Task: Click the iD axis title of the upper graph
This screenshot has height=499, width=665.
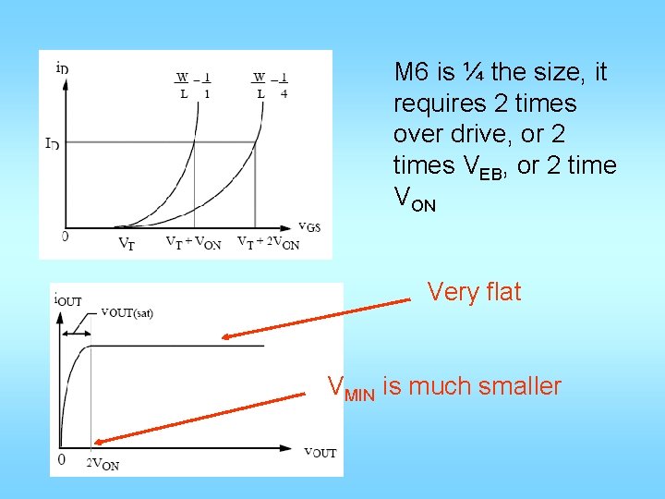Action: pos(61,67)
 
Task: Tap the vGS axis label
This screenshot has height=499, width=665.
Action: pos(309,226)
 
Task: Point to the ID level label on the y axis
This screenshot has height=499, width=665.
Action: pos(52,142)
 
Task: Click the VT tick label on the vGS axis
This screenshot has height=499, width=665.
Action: pos(126,244)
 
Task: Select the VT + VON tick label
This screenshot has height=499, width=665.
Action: pos(192,244)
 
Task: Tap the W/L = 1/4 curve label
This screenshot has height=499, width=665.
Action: pos(271,85)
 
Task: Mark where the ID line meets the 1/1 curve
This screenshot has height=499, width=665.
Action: pos(194,141)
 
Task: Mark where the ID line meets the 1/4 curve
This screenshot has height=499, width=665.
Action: pos(255,141)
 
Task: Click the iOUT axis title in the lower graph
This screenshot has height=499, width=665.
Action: pos(68,299)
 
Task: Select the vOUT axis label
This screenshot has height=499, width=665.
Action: pos(320,452)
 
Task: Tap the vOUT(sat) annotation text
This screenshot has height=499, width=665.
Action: pos(127,312)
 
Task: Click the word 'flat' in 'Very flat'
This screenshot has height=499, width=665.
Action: pos(500,292)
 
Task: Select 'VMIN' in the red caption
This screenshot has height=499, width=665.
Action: pos(352,388)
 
